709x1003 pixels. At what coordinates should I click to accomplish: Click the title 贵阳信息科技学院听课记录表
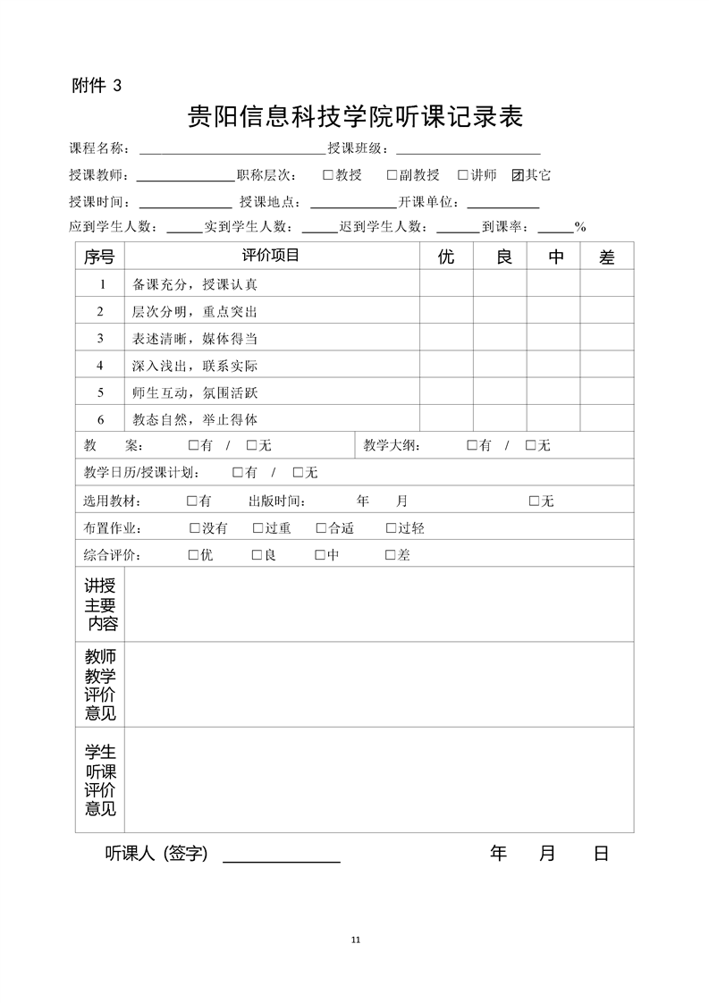pyautogui.click(x=354, y=117)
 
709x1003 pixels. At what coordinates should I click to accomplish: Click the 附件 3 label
pyautogui.click(x=94, y=86)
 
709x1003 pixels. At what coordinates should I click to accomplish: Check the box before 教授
pyautogui.click(x=328, y=175)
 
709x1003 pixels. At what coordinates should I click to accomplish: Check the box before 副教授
pyautogui.click(x=392, y=175)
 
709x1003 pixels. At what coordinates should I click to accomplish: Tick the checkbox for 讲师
pyautogui.click(x=463, y=175)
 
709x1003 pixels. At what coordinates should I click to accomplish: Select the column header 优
pyautogui.click(x=446, y=257)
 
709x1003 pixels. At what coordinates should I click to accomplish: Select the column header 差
pyautogui.click(x=607, y=257)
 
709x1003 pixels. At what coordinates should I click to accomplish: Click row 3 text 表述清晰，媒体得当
pyautogui.click(x=195, y=339)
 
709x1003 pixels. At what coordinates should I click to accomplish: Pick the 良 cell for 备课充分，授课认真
pyautogui.click(x=500, y=284)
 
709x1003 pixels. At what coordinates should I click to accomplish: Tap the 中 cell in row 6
pyautogui.click(x=553, y=419)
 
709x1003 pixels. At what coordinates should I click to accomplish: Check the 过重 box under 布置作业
pyautogui.click(x=257, y=528)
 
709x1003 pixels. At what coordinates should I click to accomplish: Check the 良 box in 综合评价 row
pyautogui.click(x=257, y=555)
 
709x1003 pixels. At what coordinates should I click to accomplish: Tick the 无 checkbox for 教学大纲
pyautogui.click(x=530, y=445)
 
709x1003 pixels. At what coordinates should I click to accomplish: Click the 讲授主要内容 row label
pyautogui.click(x=100, y=605)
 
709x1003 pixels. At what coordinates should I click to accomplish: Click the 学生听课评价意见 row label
pyautogui.click(x=100, y=780)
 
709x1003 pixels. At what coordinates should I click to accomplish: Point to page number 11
pyautogui.click(x=355, y=940)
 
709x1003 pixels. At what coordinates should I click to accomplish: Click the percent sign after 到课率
pyautogui.click(x=580, y=227)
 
